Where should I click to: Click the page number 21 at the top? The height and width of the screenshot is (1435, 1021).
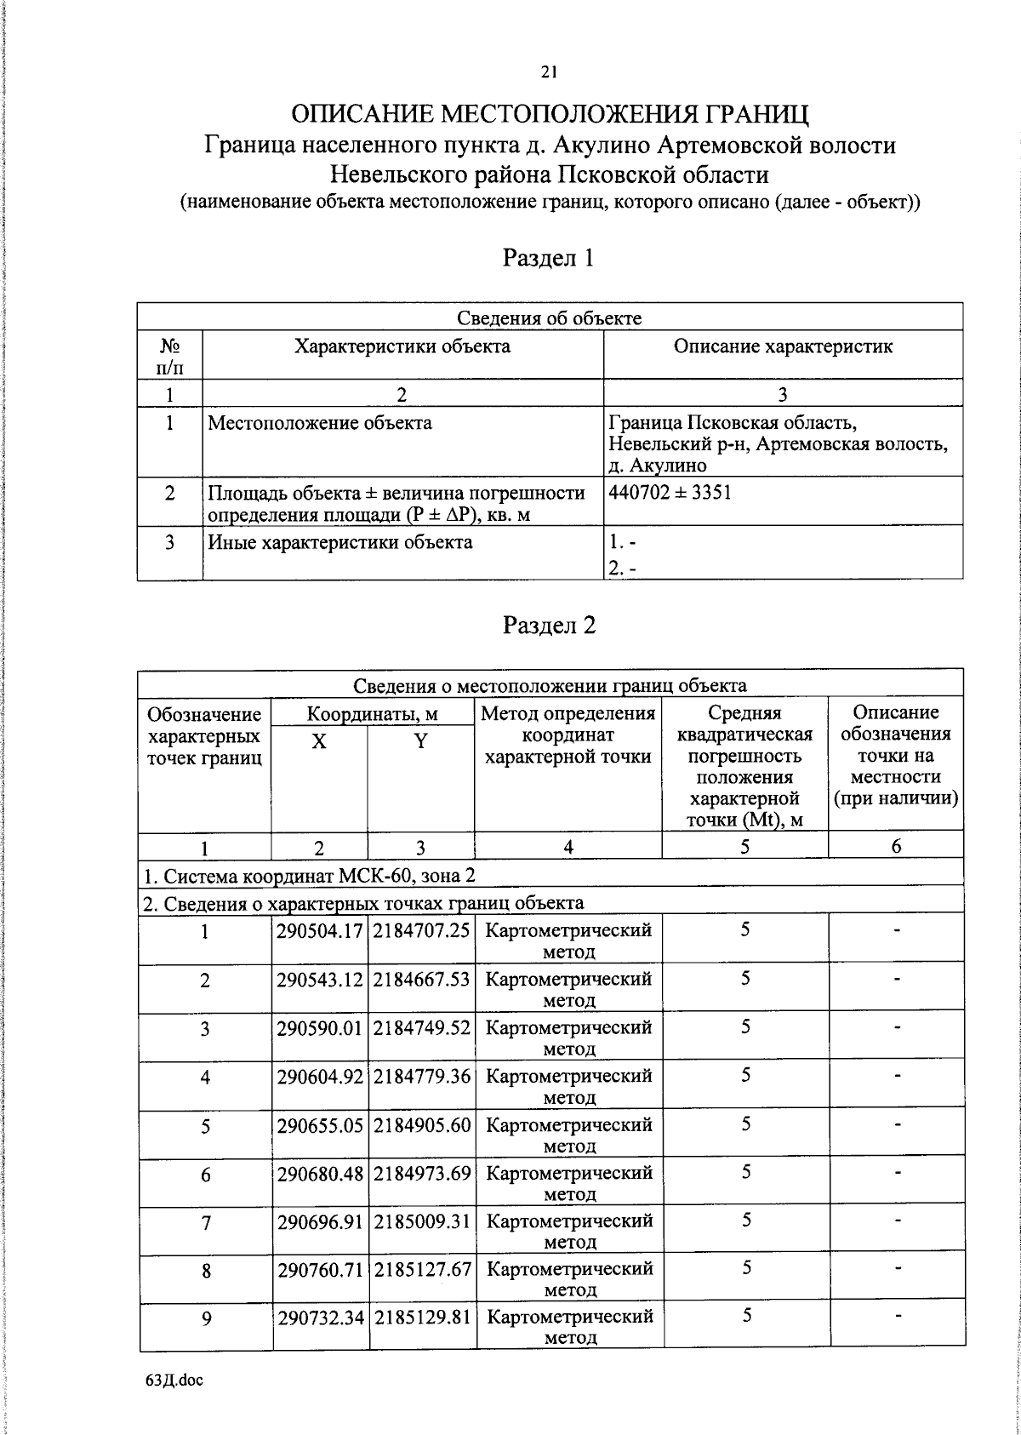tap(548, 72)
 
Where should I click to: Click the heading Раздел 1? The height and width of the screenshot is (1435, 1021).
tap(549, 258)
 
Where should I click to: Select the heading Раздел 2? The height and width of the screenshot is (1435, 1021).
tap(549, 626)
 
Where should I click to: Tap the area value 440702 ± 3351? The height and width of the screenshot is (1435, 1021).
tap(670, 493)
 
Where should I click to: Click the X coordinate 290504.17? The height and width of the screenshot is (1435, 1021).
tap(320, 930)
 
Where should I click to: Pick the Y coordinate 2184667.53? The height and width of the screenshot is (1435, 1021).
tap(421, 979)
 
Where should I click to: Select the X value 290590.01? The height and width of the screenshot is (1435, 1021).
tap(320, 1027)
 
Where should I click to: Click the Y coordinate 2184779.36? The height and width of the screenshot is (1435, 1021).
tap(421, 1076)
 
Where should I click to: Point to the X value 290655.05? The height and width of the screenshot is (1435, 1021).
tap(320, 1124)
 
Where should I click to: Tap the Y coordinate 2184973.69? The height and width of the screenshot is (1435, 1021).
tap(421, 1173)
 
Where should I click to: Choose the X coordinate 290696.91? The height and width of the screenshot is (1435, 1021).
tap(320, 1221)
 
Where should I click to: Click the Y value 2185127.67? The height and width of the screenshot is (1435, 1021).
tap(421, 1269)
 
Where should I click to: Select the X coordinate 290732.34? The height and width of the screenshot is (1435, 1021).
tap(320, 1318)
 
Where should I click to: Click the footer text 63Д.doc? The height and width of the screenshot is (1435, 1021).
tap(174, 1381)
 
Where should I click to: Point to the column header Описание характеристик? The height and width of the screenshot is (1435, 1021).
tap(783, 346)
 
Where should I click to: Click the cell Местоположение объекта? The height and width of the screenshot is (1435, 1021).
tap(320, 423)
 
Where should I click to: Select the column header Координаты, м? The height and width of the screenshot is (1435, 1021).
tap(372, 713)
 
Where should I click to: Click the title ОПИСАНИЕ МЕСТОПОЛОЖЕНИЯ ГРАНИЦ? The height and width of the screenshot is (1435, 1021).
tap(549, 114)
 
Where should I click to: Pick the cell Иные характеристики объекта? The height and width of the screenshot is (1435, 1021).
tap(340, 542)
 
